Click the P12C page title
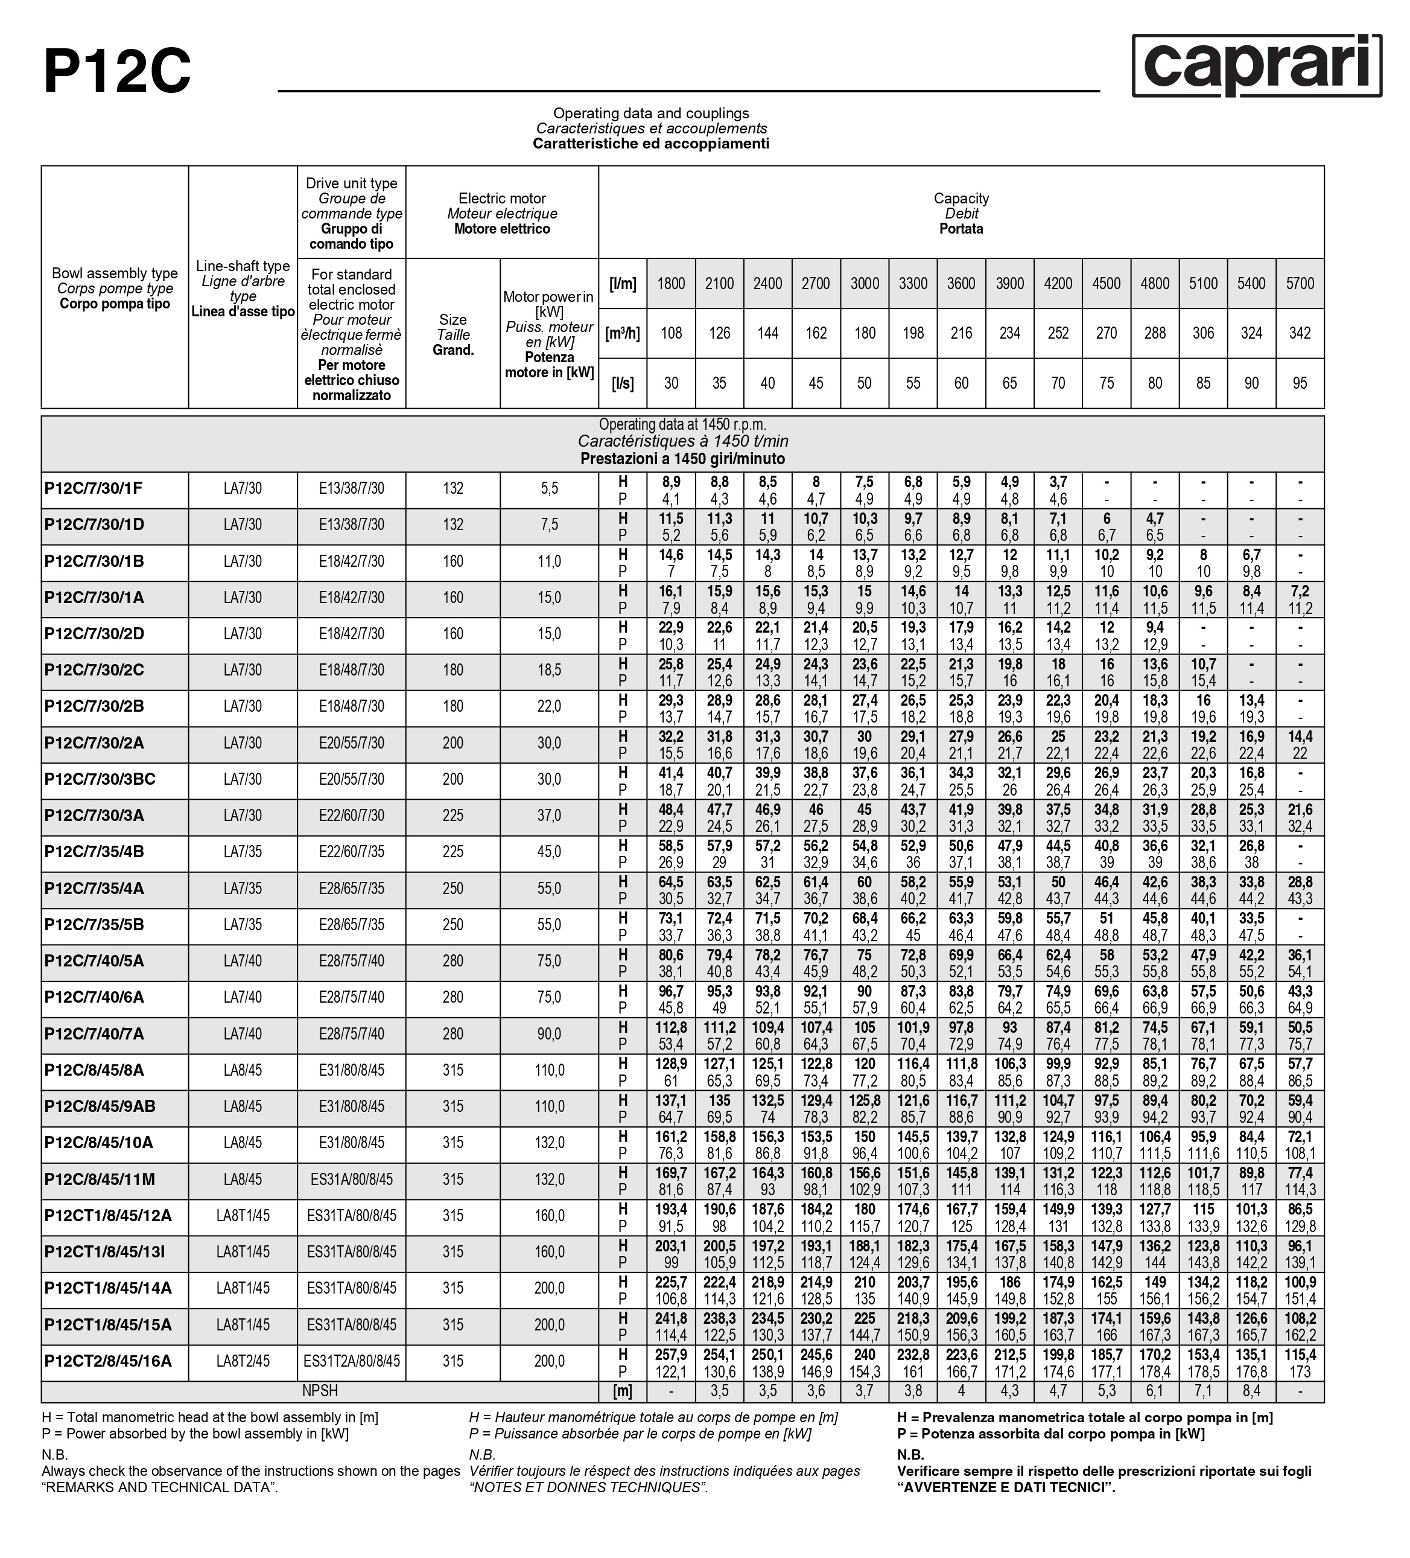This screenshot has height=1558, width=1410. click(116, 71)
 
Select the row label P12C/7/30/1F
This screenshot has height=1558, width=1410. click(94, 488)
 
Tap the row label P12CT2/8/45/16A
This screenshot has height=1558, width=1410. click(108, 1361)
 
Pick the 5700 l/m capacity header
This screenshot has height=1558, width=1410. click(1300, 284)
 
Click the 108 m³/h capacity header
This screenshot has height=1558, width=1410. click(671, 333)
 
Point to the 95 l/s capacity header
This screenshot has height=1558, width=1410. click(1300, 383)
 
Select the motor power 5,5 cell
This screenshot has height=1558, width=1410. click(549, 488)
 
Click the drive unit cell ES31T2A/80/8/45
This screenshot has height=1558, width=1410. click(352, 1361)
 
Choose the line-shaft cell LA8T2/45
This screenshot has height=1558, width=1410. click(243, 1361)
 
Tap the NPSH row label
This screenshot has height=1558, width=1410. click(320, 1391)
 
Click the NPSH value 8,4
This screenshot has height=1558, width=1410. click(1251, 1391)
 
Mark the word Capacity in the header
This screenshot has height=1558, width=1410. click(961, 199)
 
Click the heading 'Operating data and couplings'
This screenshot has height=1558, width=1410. click(650, 113)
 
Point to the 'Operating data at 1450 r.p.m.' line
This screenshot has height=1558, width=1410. click(682, 424)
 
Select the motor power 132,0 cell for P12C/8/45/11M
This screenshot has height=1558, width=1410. click(549, 1180)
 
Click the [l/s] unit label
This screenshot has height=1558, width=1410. click(623, 383)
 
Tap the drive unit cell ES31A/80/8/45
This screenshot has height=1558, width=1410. click(352, 1180)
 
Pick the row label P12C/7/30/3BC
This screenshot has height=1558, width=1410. click(100, 779)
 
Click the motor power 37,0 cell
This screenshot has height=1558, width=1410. click(549, 816)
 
